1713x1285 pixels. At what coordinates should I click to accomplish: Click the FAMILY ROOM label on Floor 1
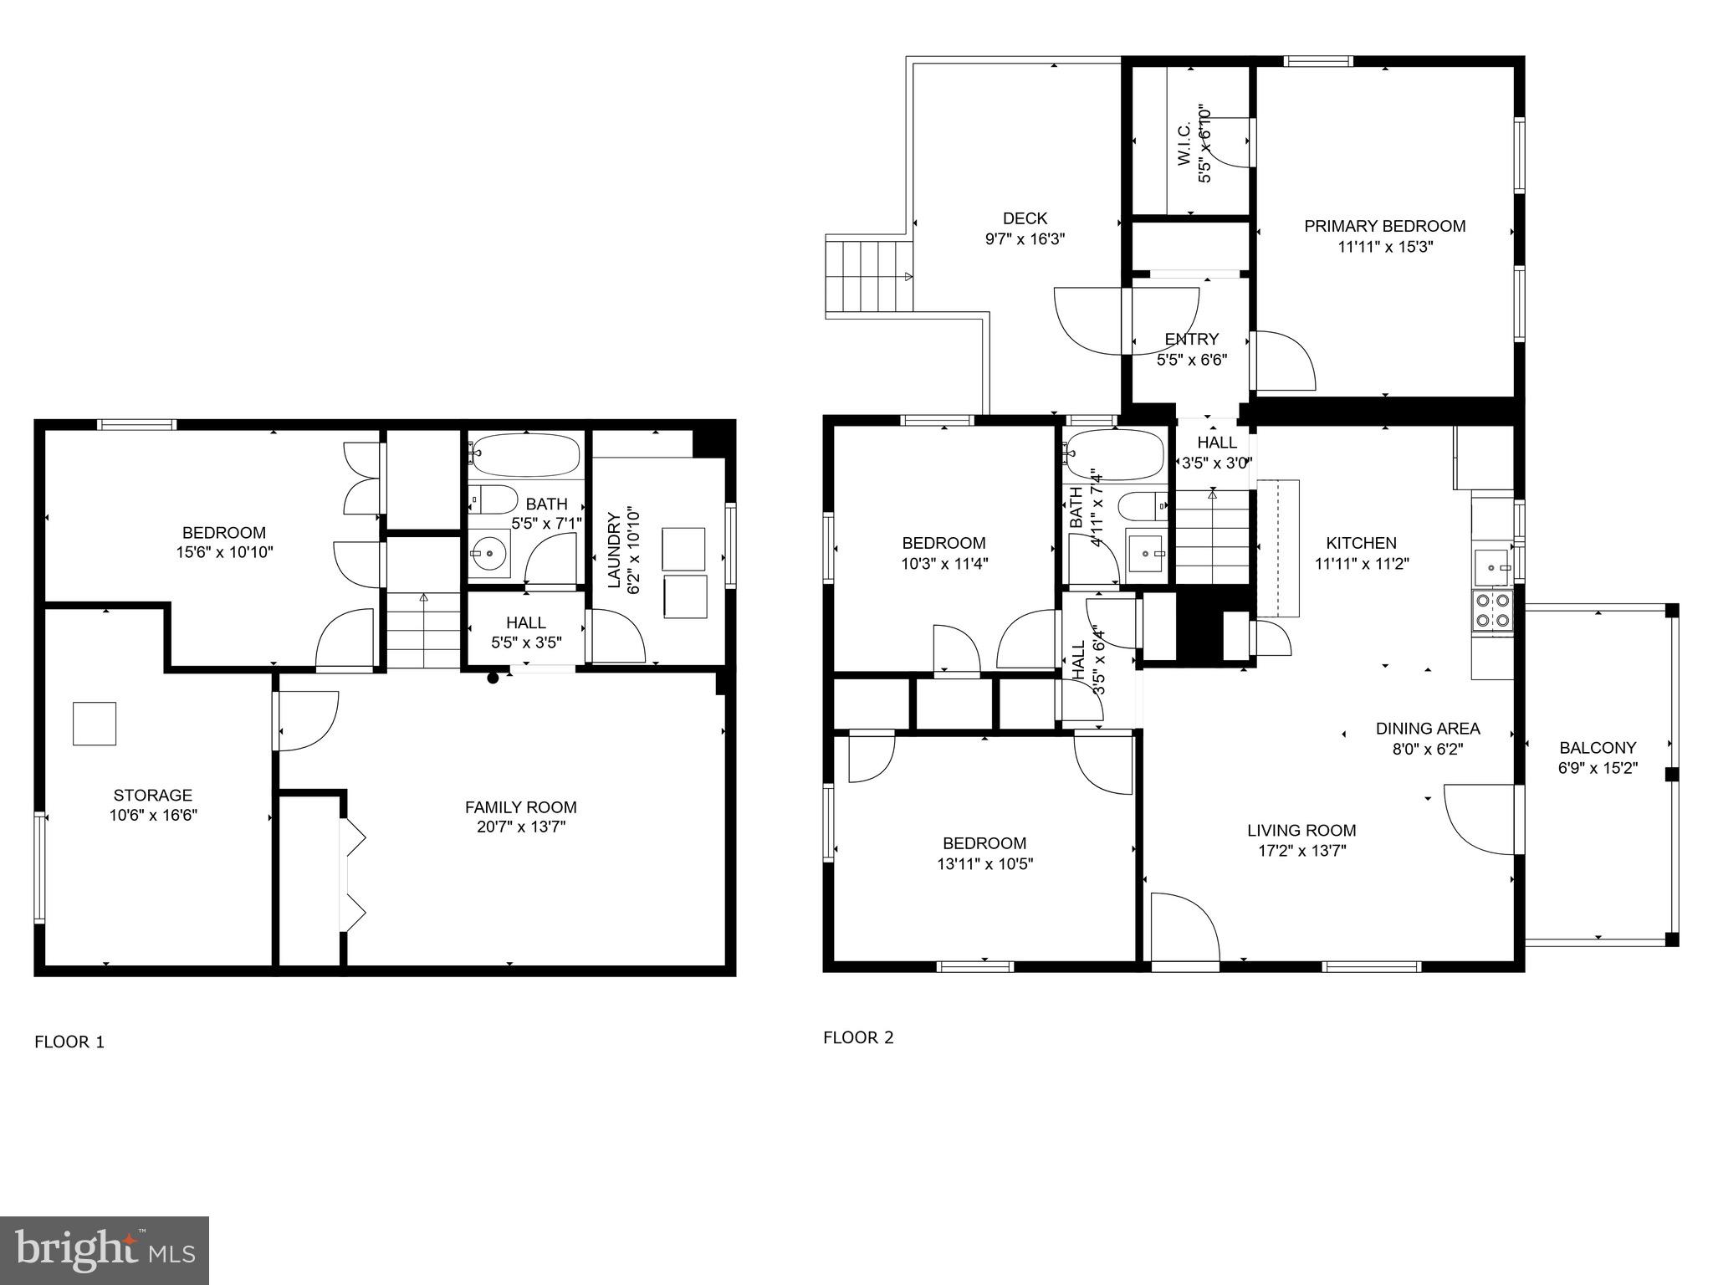[520, 807]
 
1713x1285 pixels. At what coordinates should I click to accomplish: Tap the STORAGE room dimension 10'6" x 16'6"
[152, 816]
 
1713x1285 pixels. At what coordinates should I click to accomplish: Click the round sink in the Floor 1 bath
[488, 554]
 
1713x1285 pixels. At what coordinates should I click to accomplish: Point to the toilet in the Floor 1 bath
[493, 499]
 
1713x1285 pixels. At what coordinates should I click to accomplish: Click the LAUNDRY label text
[614, 550]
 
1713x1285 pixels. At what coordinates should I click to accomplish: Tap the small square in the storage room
[95, 724]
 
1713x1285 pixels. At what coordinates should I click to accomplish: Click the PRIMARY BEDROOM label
[1384, 226]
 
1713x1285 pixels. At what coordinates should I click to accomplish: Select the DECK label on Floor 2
[1025, 218]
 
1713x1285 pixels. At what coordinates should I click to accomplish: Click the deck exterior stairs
[867, 277]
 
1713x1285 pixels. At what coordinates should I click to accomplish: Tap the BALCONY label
[1598, 748]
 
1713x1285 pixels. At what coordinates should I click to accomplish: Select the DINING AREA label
[1427, 729]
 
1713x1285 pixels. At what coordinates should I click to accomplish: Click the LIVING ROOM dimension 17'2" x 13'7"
[1301, 852]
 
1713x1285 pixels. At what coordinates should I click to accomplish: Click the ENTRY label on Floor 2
[1191, 339]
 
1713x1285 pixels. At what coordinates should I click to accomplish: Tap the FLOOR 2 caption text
[858, 1037]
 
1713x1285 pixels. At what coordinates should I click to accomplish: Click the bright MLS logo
[105, 1250]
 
